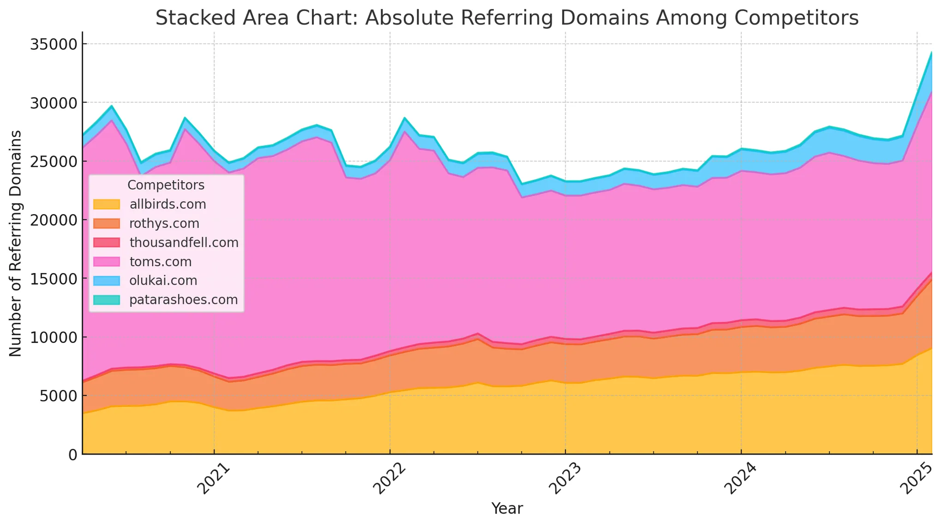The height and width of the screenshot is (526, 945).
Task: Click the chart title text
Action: [507, 18]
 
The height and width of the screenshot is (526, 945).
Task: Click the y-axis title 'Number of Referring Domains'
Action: [16, 243]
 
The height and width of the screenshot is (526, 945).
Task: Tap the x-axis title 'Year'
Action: [507, 509]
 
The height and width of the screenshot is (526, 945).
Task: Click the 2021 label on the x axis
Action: [213, 480]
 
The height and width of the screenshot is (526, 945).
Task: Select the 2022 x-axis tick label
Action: [389, 480]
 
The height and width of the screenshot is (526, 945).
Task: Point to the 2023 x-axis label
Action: [565, 480]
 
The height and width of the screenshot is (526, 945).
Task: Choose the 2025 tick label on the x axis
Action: [916, 480]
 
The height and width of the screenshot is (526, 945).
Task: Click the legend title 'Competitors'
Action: [166, 185]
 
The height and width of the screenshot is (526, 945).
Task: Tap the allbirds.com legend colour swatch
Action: [106, 204]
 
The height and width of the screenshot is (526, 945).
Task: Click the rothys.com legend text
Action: [164, 224]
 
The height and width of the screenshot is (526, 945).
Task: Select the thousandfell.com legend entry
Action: [184, 243]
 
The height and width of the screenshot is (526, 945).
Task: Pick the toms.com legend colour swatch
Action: [106, 262]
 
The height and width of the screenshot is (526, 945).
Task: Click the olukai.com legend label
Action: [163, 281]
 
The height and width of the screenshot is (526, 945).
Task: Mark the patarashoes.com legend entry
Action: [184, 300]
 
